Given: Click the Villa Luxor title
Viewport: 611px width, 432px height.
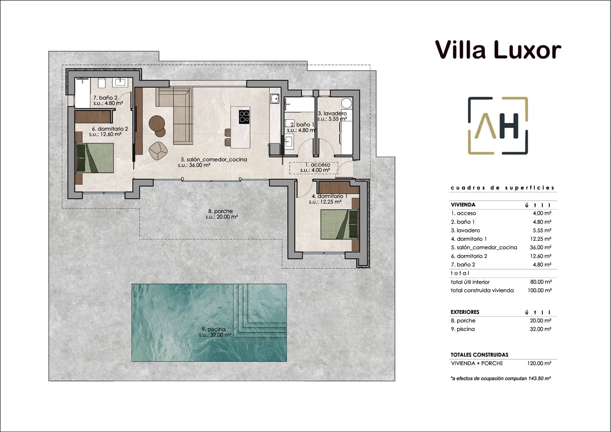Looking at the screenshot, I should pyautogui.click(x=498, y=50).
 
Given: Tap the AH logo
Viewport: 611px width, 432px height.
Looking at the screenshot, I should pyautogui.click(x=498, y=126).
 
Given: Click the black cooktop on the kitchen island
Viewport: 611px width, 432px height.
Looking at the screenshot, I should pyautogui.click(x=244, y=117).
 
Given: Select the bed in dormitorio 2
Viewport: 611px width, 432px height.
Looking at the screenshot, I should pyautogui.click(x=95, y=158).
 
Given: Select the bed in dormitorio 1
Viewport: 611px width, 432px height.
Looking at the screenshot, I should pyautogui.click(x=339, y=224).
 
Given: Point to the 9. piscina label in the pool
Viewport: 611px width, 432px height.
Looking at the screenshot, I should pyautogui.click(x=214, y=329).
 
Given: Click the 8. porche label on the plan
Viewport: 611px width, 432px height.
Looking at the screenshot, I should pyautogui.click(x=221, y=211).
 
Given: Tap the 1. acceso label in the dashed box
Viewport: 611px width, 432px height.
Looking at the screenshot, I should pyautogui.click(x=315, y=165).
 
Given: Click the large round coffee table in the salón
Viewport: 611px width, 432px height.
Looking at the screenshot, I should pyautogui.click(x=157, y=123).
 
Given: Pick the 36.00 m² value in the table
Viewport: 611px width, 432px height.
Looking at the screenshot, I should pyautogui.click(x=540, y=247).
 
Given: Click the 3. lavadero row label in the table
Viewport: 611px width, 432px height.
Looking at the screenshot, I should pyautogui.click(x=465, y=230).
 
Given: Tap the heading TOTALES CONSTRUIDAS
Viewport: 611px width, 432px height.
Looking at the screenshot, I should pyautogui.click(x=479, y=354).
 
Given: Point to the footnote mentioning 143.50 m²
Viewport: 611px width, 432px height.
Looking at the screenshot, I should pyautogui.click(x=501, y=378).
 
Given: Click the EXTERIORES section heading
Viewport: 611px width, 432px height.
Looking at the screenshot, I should pyautogui.click(x=465, y=312).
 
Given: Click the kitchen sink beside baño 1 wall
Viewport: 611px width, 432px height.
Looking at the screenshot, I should pyautogui.click(x=275, y=99).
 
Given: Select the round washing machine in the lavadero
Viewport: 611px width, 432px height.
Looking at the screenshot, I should pyautogui.click(x=346, y=103).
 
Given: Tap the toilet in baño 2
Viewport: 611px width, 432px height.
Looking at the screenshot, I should pyautogui.click(x=102, y=83).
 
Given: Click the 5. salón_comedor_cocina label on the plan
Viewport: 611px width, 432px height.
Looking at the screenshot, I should pyautogui.click(x=214, y=159).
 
